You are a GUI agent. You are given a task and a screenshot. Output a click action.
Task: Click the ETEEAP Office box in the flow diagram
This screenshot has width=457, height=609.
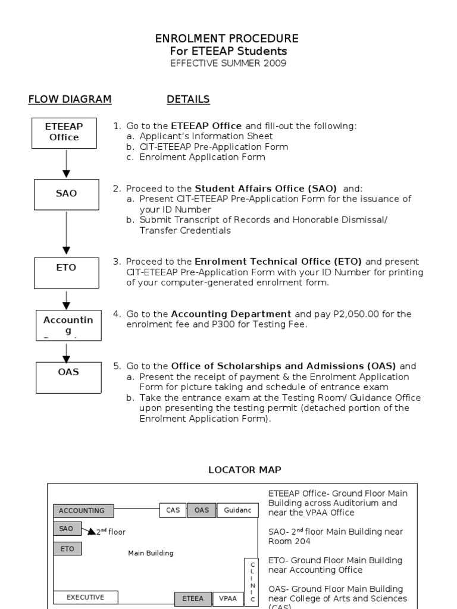[64, 132]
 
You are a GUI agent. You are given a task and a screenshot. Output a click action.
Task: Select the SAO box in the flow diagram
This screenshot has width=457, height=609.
[66, 194]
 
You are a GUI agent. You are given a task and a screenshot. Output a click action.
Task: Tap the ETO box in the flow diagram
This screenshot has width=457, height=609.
[66, 268]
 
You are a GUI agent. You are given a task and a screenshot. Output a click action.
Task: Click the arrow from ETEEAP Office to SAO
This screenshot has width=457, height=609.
[66, 163]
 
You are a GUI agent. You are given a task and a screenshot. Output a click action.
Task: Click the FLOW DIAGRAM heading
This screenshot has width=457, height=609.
[70, 99]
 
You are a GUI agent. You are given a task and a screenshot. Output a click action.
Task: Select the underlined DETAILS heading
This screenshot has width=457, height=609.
[188, 99]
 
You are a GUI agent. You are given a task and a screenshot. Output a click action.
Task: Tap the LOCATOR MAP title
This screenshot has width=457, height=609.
[245, 470]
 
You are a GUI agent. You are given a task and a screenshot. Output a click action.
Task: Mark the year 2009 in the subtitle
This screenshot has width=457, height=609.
[274, 64]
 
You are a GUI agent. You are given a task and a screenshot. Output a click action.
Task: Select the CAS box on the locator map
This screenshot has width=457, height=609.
[173, 510]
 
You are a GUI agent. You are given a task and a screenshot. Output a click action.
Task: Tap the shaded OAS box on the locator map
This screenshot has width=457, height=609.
[202, 510]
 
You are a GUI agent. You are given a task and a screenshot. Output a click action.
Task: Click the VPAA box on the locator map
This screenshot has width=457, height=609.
[228, 598]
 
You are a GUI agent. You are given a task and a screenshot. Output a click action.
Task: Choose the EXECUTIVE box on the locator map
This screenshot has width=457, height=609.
[86, 597]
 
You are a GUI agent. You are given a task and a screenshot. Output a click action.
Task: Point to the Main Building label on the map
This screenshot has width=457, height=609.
[151, 553]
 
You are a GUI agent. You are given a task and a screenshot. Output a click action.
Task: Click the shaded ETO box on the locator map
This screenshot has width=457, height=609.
[67, 549]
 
